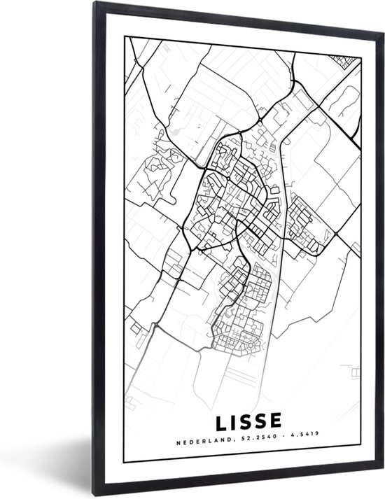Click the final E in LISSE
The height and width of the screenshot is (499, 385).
(276, 421)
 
